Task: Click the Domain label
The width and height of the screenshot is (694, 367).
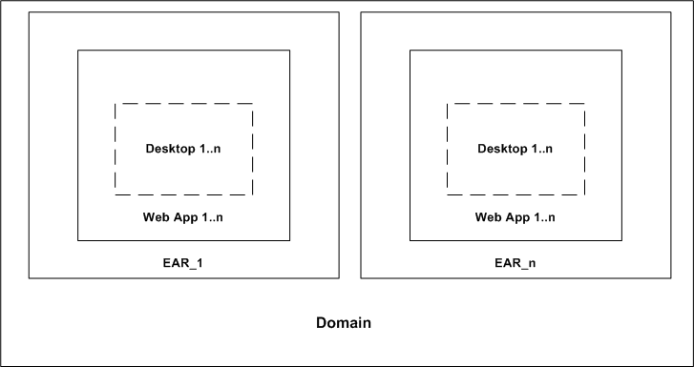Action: pos(344,323)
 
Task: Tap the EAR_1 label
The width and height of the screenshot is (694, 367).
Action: pos(183,260)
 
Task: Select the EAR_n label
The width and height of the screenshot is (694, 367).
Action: pos(515,260)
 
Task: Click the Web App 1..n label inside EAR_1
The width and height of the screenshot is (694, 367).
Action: pos(183,217)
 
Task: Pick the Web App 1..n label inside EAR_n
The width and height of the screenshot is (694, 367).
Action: pos(515,217)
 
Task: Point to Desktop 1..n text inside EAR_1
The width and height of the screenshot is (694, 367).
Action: pos(183,149)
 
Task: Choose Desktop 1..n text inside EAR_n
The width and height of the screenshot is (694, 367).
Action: pos(515,149)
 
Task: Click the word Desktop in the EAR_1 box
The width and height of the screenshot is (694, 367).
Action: pos(170,149)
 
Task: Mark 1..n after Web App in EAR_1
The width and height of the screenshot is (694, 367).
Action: pos(211,217)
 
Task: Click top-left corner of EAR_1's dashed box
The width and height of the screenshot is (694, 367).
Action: pos(116,103)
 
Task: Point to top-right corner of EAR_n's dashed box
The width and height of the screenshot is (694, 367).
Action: pos(585,103)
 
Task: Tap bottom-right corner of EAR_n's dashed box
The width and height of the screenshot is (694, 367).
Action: pos(585,194)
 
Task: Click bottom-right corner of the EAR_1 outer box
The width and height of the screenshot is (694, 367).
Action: pos(339,278)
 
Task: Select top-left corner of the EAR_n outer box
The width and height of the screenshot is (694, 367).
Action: pos(361,12)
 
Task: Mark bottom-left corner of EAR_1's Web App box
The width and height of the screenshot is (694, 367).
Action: pos(78,240)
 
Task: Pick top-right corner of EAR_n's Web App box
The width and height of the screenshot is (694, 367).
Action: pos(621,51)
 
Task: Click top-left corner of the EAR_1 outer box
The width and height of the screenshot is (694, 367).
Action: pos(29,12)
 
